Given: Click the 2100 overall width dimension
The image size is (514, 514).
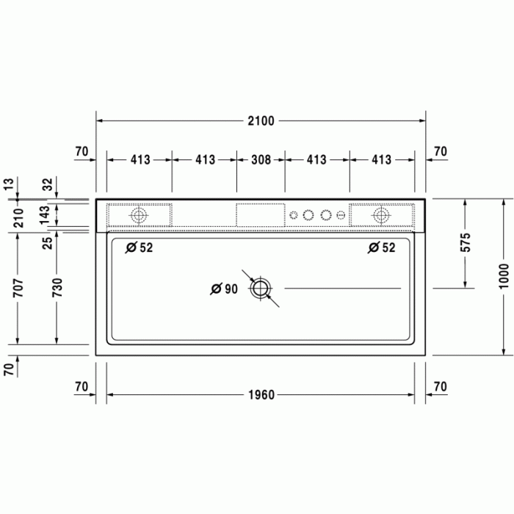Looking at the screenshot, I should (260, 121).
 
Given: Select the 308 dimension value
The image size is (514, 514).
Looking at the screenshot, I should (260, 159).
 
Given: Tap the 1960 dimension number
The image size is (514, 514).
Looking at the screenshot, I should (260, 395).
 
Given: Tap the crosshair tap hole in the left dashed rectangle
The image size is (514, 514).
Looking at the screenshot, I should (139, 215).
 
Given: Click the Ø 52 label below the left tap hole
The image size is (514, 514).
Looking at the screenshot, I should (139, 248).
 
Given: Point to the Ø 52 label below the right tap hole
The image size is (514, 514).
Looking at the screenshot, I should (381, 248).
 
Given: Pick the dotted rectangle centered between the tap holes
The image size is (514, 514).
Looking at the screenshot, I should (260, 215).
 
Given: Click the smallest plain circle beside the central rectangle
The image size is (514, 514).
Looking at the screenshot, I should (294, 215).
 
